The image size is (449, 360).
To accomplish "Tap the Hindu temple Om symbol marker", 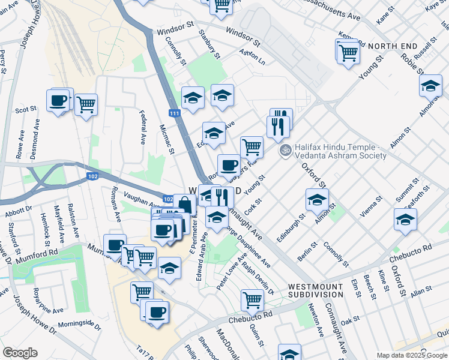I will click(x=285, y=151).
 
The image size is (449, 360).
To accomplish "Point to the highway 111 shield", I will click(x=173, y=113).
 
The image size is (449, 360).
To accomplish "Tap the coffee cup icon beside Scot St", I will click(x=58, y=100).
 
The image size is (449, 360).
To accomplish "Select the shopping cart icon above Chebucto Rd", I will click(x=252, y=299).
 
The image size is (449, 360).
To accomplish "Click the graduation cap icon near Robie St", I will click(x=430, y=86).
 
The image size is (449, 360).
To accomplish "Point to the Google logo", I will click(x=20, y=353).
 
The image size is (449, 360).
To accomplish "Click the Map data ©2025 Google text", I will click(x=412, y=355).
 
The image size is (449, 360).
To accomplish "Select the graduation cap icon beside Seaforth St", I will click(x=405, y=220).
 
